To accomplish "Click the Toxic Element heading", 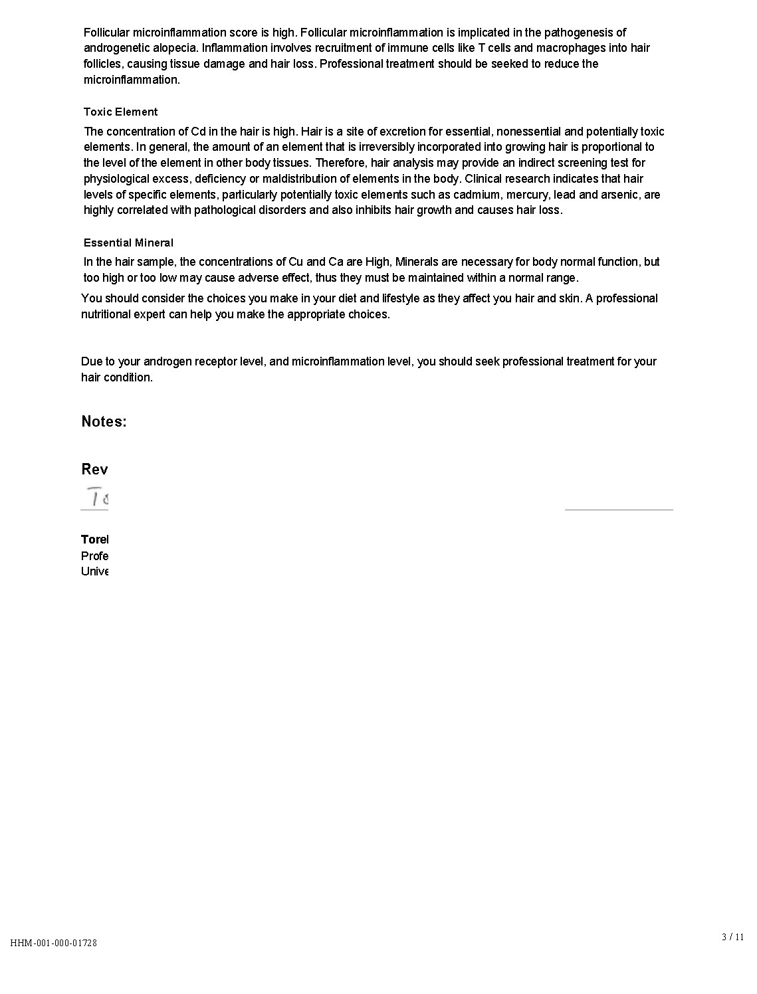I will point(120,112).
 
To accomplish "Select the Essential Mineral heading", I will point(128,243).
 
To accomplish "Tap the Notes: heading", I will point(104,421).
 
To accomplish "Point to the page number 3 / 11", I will point(732,937).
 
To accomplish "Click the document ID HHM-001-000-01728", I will point(54,943).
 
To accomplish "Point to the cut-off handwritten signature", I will point(97,497).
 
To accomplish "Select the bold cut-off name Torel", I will point(94,540).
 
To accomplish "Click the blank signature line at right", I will point(618,510).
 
